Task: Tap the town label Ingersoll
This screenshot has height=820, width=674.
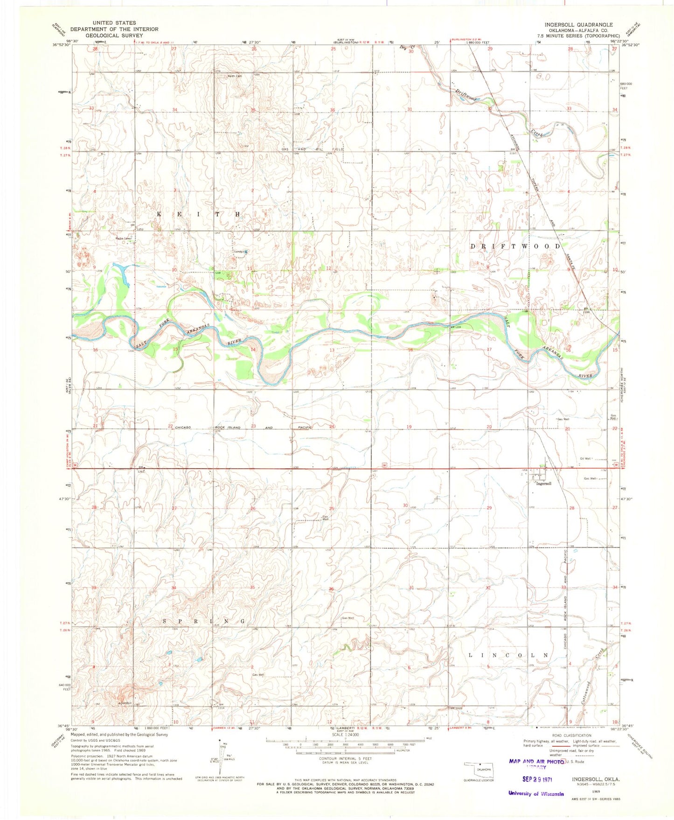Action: (543, 484)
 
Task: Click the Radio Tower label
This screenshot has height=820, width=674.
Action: (123, 238)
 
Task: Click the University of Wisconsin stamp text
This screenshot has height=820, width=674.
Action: (536, 793)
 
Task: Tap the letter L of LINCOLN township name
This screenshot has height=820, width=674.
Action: (471, 655)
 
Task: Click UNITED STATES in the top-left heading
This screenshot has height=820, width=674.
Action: (114, 22)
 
